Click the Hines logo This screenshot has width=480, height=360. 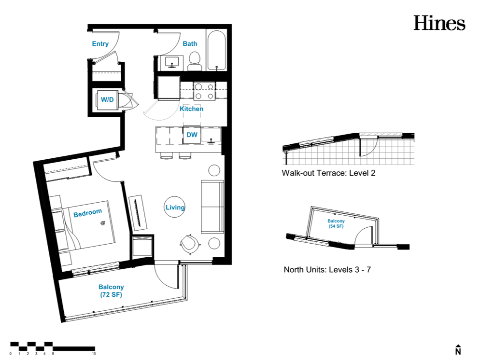pos(439,23)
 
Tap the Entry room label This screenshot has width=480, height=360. pos(100,44)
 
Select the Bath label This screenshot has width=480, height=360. pos(190,44)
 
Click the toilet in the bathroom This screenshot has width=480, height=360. pos(195,61)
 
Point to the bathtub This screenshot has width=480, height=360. pos(216,51)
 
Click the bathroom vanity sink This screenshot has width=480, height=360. pos(172,62)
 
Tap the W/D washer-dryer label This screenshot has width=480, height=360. pos(107,99)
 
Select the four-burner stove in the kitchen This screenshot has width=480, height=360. pos(204,92)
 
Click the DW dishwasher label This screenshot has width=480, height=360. pos(192,135)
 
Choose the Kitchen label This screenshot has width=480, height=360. pos(191,109)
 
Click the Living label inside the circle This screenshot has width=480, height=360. pos(175,208)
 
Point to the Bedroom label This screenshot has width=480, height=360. pos(87,213)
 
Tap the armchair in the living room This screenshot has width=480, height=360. pos(190,244)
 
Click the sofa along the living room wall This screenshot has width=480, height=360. pos(212,207)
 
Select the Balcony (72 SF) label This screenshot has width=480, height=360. pos(111,291)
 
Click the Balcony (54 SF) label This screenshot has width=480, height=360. pos(336,223)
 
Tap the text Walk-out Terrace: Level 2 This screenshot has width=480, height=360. pos(328,173)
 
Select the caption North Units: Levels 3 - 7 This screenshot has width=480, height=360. pos(327,270)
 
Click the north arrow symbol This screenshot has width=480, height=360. pos(458,349)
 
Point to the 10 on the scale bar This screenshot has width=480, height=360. pos(94,354)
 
